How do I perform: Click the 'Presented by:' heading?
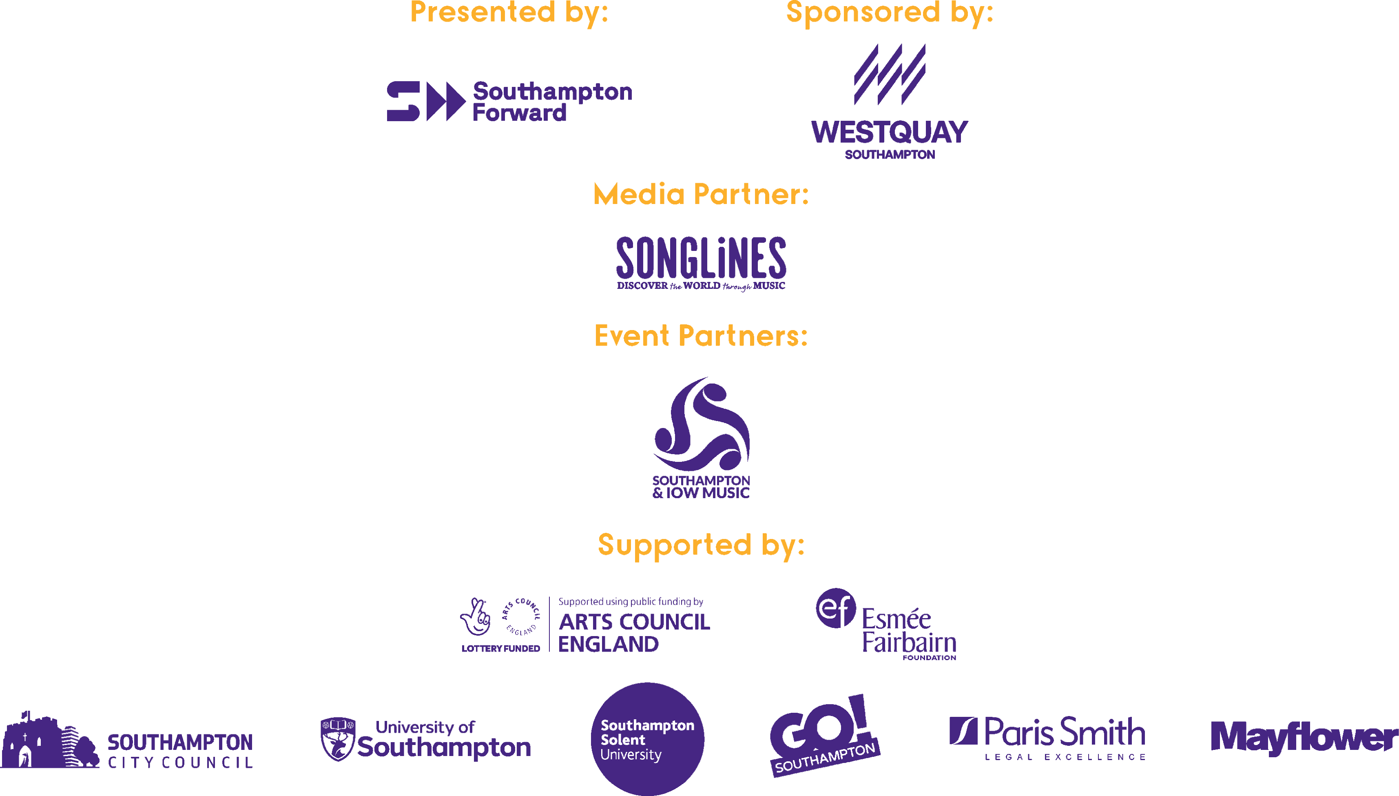[x=509, y=12]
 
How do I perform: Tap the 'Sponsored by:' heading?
[x=890, y=12]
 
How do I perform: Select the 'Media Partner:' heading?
[x=701, y=194]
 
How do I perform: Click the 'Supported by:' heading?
[x=701, y=545]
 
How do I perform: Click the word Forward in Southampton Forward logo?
[x=519, y=113]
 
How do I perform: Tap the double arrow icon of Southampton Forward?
[x=446, y=101]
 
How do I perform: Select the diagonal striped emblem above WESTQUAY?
[x=890, y=74]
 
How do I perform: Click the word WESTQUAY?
[x=890, y=132]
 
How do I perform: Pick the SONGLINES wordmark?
[x=701, y=257]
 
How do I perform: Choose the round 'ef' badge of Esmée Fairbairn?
[x=836, y=608]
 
